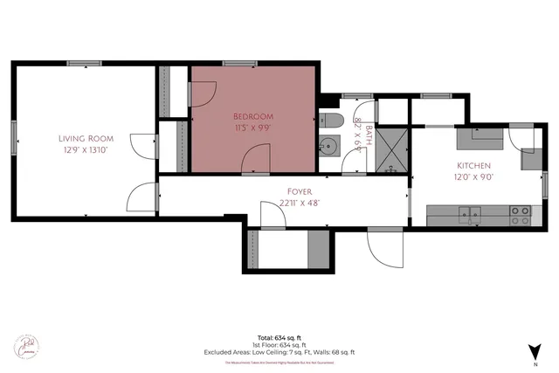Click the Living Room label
click(85, 138)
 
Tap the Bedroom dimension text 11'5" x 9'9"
click(252, 128)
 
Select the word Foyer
click(300, 190)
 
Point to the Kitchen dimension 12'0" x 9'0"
click(474, 176)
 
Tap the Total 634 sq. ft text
click(279, 337)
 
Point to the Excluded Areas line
click(279, 352)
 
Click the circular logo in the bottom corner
click(26, 346)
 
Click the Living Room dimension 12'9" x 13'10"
click(85, 149)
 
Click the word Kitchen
click(474, 165)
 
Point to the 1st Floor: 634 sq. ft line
click(279, 345)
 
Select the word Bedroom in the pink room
click(252, 116)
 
